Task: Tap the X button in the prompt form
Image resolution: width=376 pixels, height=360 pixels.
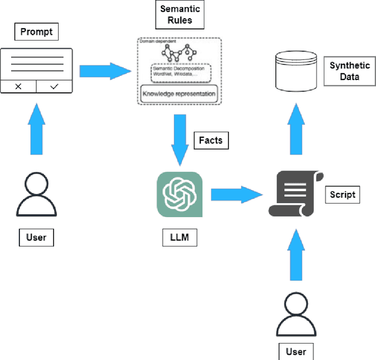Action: [x=18, y=86]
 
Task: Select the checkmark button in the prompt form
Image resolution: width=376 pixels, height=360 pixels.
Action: [x=54, y=86]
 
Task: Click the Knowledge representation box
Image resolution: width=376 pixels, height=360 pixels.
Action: [x=179, y=94]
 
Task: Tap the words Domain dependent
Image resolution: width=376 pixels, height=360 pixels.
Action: [x=154, y=42]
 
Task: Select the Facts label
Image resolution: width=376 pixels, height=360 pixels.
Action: [x=211, y=141]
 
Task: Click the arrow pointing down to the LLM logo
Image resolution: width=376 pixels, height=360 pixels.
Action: [x=179, y=140]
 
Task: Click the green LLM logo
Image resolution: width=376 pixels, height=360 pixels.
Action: [x=179, y=195]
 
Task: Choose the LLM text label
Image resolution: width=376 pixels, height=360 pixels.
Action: [x=179, y=238]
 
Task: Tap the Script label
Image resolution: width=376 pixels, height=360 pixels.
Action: [x=343, y=194]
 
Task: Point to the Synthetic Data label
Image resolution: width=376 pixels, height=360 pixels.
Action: [x=350, y=71]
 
